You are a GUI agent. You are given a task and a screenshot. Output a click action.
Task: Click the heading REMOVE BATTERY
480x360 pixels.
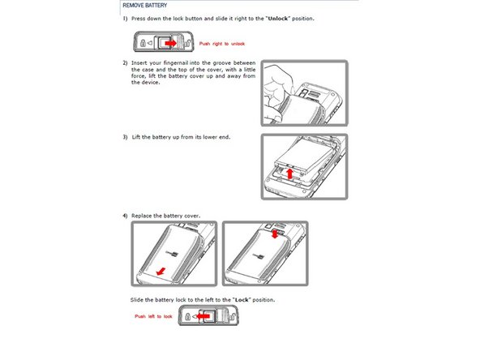click(145, 6)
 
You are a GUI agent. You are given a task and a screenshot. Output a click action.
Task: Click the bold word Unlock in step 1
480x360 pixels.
click(277, 19)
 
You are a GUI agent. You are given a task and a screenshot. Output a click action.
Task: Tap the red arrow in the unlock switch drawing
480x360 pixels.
click(171, 44)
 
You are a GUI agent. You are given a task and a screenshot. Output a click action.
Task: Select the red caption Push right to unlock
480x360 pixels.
click(222, 44)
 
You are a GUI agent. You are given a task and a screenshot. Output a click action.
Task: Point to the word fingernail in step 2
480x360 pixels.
click(176, 62)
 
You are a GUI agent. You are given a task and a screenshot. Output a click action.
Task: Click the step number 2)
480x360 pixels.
click(125, 62)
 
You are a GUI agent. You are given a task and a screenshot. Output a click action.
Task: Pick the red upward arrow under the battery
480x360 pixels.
click(289, 174)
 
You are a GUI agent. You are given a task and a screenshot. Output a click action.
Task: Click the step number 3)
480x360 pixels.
click(125, 137)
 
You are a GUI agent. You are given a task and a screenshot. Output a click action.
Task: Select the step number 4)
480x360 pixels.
click(125, 216)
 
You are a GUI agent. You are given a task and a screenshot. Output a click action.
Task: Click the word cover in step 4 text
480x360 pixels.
click(192, 216)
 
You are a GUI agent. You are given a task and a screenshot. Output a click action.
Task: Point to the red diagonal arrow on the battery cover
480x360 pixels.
click(161, 272)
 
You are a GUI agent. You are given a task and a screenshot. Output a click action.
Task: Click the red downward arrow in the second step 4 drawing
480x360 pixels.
click(275, 234)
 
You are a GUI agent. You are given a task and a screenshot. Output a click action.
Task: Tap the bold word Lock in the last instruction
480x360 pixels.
click(242, 300)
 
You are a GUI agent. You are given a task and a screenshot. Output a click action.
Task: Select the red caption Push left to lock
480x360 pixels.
click(153, 316)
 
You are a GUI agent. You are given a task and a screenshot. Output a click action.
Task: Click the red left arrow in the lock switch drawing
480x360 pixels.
click(203, 316)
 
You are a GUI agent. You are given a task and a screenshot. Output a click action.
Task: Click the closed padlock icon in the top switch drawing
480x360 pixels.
click(143, 43)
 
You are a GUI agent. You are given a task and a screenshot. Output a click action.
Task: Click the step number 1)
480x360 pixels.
click(125, 19)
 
